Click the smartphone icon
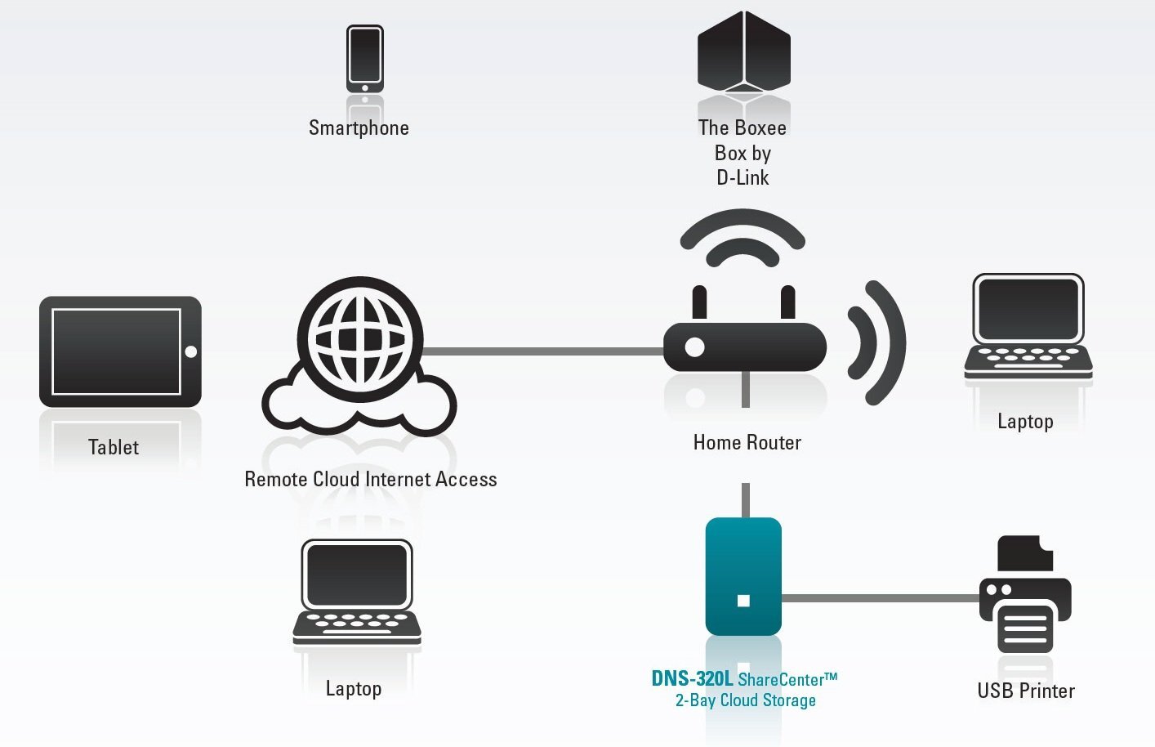pos(364,58)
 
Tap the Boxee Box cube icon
pos(743,53)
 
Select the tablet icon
pos(120,351)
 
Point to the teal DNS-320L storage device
pos(743,576)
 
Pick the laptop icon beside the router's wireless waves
pos(1028,327)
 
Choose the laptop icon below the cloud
pos(357,593)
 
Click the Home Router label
pos(747,443)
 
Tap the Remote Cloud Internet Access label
pos(371,480)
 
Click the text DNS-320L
pos(692,678)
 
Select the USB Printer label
pos(1026,691)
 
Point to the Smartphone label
pos(359,128)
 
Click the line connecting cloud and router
pos(543,351)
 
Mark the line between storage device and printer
pos(880,598)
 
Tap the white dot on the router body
pos(694,347)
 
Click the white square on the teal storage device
pos(743,601)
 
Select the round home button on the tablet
pos(191,351)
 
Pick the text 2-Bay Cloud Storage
pos(745,700)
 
